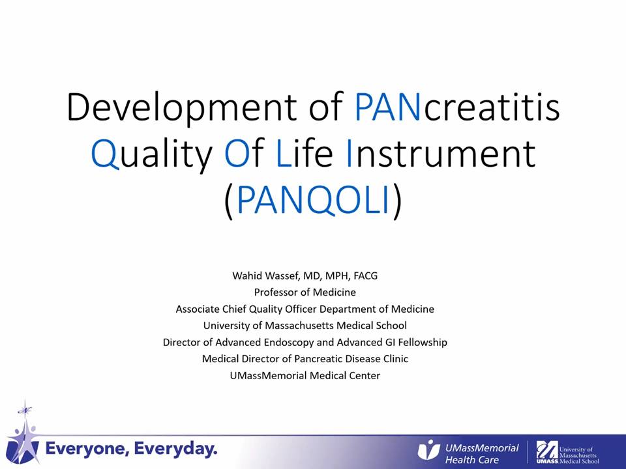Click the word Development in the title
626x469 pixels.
click(x=182, y=107)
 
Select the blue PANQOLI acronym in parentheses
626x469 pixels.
click(x=313, y=199)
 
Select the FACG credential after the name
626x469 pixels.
click(x=365, y=276)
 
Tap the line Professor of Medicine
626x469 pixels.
click(x=305, y=292)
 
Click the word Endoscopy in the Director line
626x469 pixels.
click(x=289, y=342)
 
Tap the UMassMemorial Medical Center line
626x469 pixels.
click(x=305, y=376)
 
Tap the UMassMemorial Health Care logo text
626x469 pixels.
click(x=483, y=454)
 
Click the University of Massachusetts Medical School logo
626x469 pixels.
click(x=567, y=452)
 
